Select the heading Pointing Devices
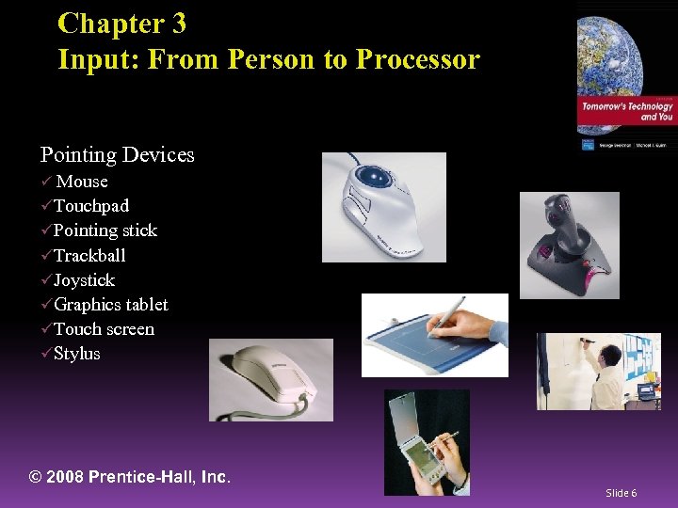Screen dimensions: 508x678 [117, 154]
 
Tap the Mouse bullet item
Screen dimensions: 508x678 [82, 182]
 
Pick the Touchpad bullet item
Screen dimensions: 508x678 [91, 206]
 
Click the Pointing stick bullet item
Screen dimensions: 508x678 [105, 230]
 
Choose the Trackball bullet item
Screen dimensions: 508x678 [89, 255]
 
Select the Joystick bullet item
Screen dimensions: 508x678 [84, 279]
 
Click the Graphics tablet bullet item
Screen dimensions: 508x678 [111, 304]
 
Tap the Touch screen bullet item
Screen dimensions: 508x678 [104, 328]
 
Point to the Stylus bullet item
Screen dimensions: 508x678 [76, 354]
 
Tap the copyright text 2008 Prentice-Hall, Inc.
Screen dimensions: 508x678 [130, 477]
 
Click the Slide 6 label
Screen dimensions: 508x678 [621, 493]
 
